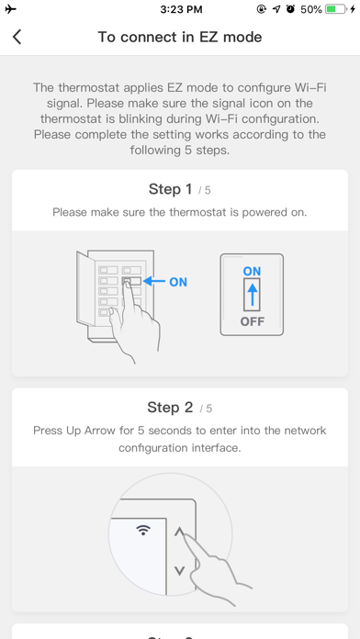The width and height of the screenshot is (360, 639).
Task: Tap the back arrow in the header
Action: point(17,37)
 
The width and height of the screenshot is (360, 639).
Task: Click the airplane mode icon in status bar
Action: point(11,9)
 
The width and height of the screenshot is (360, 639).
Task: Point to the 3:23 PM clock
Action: point(181,9)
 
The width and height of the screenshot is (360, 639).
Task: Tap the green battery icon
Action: point(336,9)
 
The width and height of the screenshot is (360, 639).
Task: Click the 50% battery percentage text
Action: point(311,9)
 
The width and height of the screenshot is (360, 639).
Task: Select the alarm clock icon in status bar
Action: point(290,9)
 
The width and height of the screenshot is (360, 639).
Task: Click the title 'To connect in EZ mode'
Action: point(180,37)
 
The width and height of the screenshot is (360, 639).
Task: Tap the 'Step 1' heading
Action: point(170,189)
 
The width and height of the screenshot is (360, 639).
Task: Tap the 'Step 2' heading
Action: point(170,408)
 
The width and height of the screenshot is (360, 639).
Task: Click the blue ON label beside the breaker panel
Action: point(178,282)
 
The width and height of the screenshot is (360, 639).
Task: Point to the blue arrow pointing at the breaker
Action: point(154,281)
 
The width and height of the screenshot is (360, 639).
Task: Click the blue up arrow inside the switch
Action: point(253,294)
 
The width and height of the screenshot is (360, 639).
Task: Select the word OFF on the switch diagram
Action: point(252,321)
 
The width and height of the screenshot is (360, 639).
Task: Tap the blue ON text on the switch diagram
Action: point(252,271)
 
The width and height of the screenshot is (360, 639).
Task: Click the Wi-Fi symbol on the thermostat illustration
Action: point(143,530)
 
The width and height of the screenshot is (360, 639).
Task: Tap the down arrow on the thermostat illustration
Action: point(179,570)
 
